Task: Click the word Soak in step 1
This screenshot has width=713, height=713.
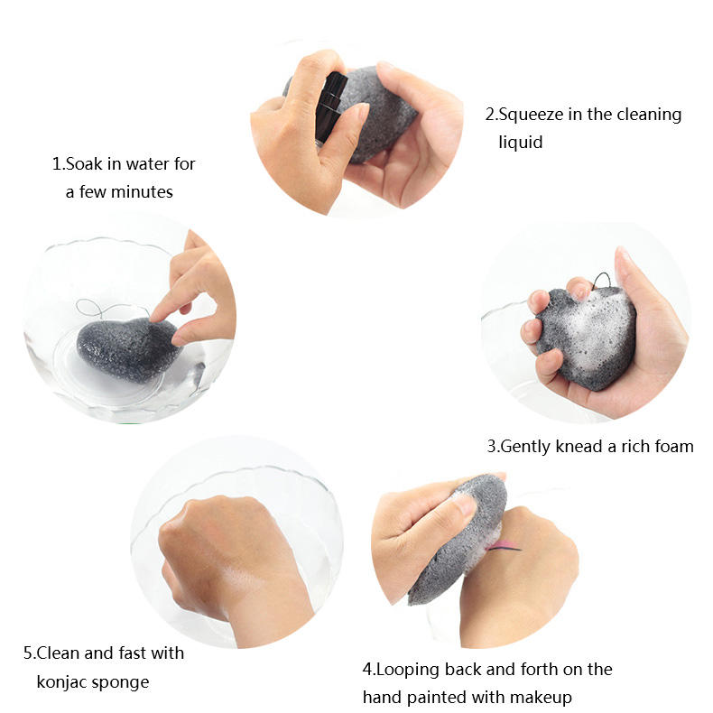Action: (84, 163)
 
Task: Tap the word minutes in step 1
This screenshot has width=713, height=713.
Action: (142, 192)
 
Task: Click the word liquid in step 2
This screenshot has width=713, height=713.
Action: (521, 143)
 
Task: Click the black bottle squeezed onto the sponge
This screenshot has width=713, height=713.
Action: (330, 106)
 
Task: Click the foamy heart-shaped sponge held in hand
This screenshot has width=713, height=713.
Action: (586, 337)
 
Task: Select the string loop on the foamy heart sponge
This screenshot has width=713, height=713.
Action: (602, 280)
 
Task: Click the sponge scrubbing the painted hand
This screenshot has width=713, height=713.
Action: (458, 540)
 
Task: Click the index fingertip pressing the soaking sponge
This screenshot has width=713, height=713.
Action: (156, 317)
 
